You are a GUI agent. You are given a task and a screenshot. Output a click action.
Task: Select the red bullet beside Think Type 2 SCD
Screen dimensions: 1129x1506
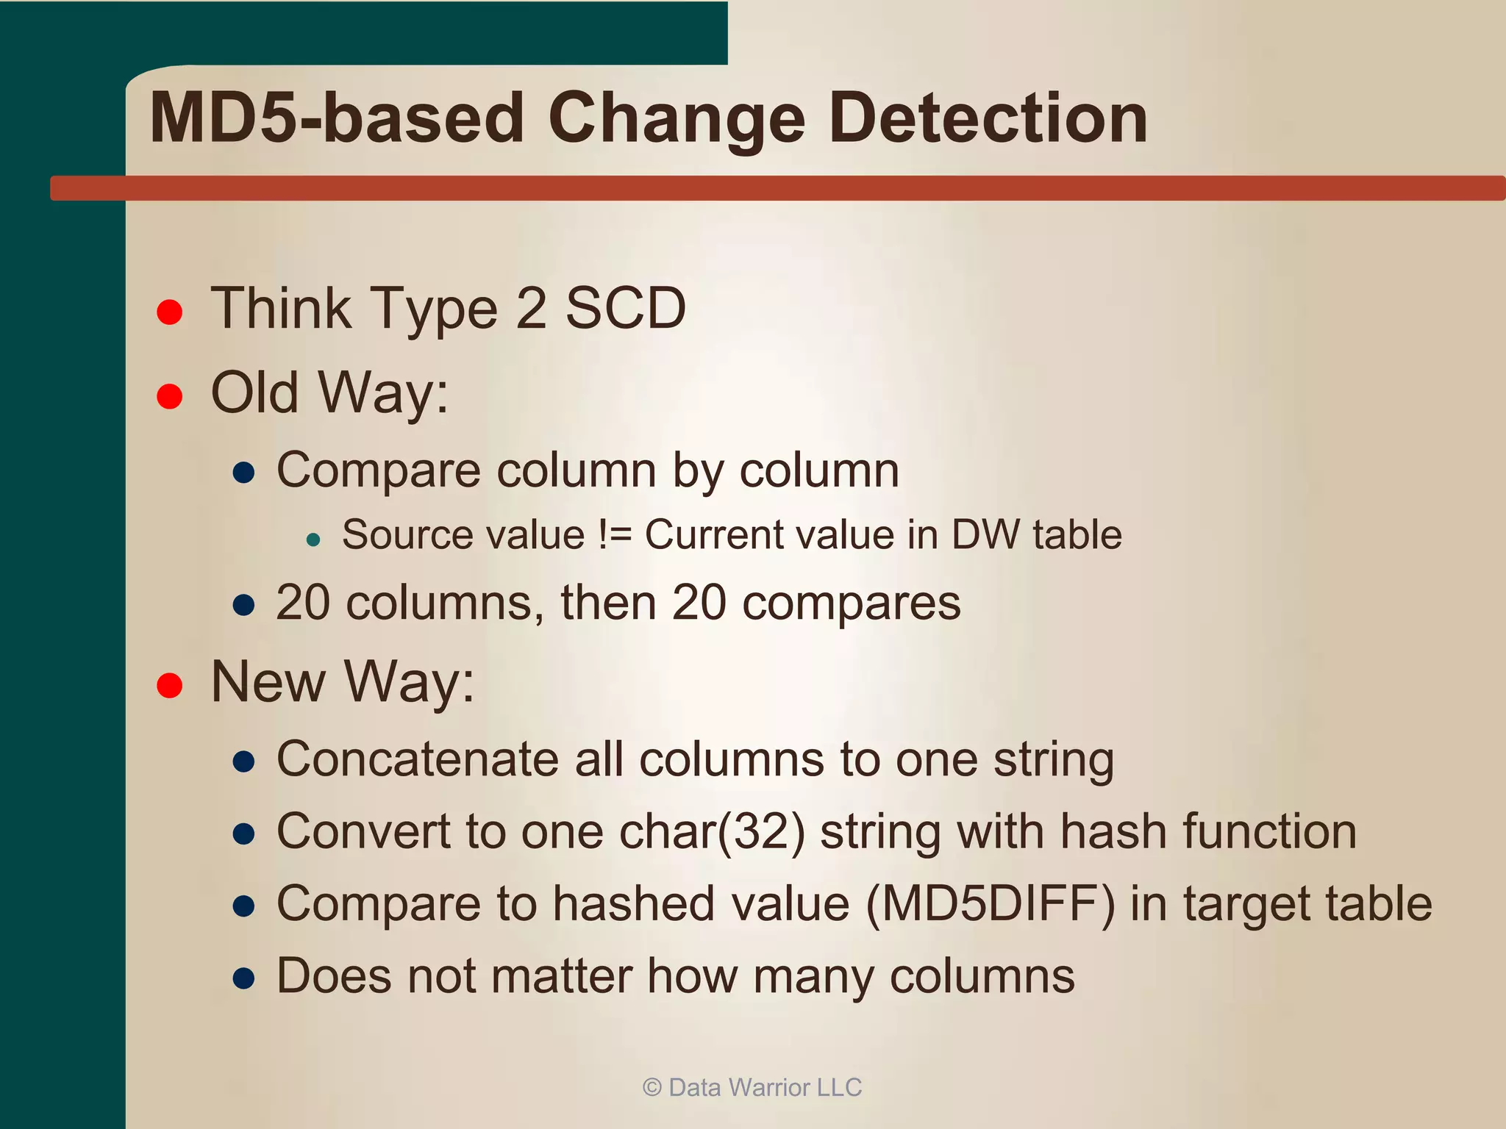tap(170, 312)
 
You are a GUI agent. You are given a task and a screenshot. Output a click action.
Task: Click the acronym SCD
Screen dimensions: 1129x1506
tap(625, 309)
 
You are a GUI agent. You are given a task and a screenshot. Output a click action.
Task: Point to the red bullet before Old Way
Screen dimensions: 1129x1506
tap(170, 395)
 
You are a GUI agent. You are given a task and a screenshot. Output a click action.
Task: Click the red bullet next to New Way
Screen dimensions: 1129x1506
tap(170, 685)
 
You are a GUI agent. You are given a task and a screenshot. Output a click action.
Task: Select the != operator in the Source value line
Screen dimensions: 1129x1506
tap(615, 534)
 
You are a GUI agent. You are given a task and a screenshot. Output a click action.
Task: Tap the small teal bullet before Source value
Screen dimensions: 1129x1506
tap(314, 540)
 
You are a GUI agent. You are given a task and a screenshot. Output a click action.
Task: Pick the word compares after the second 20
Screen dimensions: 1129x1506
tap(851, 604)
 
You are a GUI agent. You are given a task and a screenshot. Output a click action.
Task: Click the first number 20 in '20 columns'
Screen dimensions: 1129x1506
tap(303, 603)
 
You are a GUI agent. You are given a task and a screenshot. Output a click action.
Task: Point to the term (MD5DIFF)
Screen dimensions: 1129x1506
tap(991, 903)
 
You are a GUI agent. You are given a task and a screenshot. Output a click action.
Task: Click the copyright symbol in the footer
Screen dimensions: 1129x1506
tap(652, 1087)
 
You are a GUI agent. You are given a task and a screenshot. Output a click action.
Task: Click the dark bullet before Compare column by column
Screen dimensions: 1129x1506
tap(243, 472)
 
